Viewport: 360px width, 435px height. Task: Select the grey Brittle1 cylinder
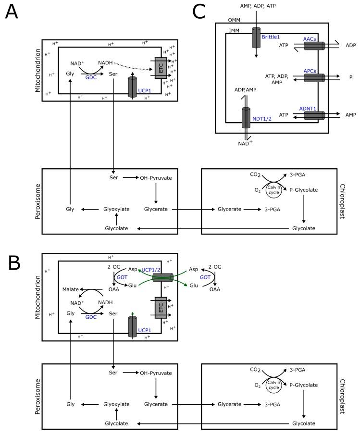click(x=255, y=39)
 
